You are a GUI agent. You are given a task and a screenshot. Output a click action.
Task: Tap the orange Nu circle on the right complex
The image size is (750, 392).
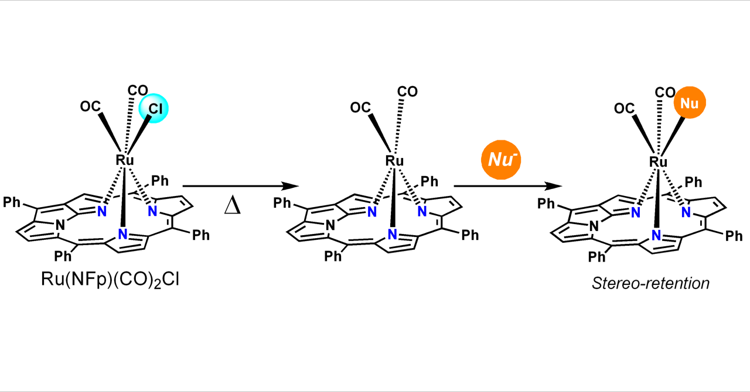(x=690, y=104)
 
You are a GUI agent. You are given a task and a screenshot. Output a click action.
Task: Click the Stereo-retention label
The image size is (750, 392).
(x=650, y=284)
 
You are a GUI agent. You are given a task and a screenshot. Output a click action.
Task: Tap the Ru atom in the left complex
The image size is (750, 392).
(x=125, y=160)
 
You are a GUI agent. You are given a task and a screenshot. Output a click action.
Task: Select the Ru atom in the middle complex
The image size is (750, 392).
(x=394, y=160)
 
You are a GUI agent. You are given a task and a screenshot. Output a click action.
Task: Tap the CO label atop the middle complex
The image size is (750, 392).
(x=407, y=91)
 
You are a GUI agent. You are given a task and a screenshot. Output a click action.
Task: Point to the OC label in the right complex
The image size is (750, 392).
(x=624, y=108)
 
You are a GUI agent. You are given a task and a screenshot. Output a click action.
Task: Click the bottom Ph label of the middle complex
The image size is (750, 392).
(x=335, y=256)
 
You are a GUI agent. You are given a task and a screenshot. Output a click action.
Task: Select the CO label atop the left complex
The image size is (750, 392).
(x=138, y=91)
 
